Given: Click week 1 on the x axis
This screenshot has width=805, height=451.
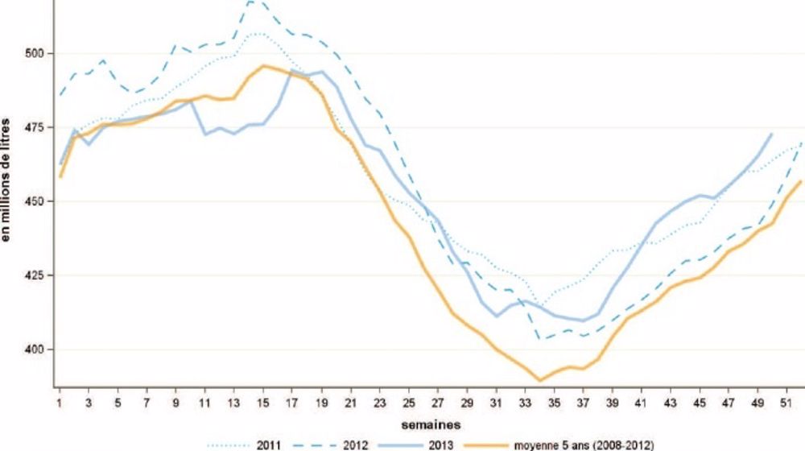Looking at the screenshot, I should tap(60, 400).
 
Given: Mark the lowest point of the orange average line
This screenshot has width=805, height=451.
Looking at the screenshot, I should tap(540, 380).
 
